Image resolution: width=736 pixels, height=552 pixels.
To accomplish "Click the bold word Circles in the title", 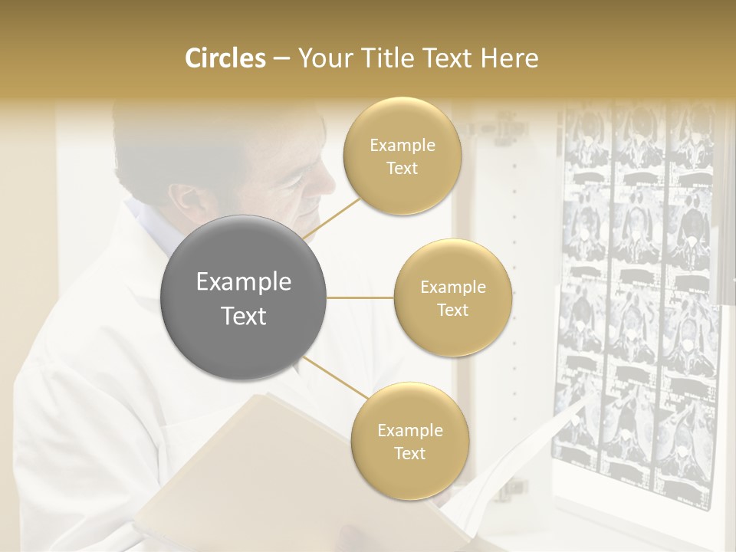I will point(225,58).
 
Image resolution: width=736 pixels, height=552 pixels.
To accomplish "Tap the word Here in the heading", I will point(510,58).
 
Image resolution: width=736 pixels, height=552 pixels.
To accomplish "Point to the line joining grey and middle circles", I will point(360,297).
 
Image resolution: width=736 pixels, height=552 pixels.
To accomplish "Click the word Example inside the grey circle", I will point(244,282).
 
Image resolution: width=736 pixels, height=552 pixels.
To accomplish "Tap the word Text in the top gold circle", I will point(402,169).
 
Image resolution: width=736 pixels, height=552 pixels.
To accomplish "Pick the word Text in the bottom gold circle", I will point(409,453).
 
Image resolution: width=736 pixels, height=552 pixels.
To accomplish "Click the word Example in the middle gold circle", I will point(453,287).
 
